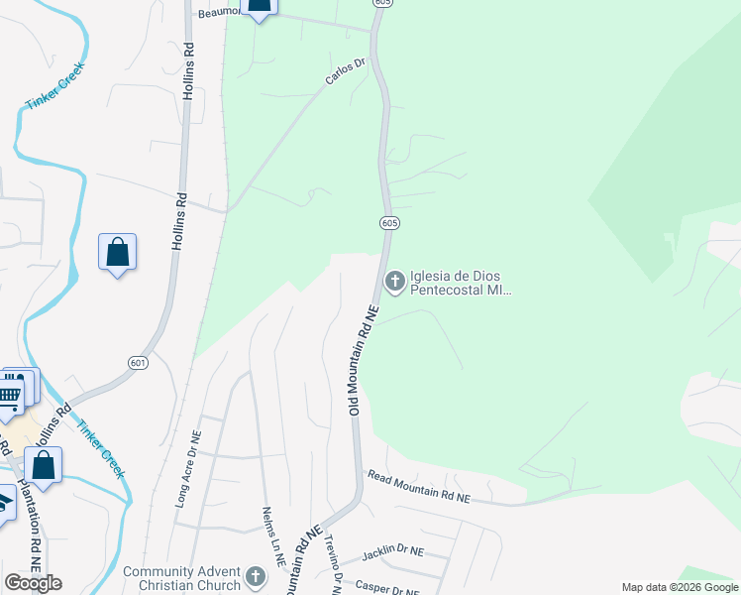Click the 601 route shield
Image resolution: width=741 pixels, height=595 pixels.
[138, 364]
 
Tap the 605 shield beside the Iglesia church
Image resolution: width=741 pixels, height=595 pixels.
[389, 223]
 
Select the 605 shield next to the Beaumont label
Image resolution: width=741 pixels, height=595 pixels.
[384, 3]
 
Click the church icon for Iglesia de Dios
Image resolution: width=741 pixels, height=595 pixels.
[394, 283]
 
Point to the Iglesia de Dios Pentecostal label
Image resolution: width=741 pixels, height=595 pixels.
[461, 283]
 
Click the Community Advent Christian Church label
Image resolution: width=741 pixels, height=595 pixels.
[181, 578]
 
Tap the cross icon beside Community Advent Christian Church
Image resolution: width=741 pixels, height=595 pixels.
[255, 577]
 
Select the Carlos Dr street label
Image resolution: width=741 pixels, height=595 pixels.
[347, 70]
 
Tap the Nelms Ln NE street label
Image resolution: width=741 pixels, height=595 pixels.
[273, 536]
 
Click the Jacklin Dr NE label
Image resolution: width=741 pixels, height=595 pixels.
[392, 550]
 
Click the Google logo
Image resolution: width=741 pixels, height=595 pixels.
[33, 583]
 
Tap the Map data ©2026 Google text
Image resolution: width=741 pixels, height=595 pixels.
[680, 587]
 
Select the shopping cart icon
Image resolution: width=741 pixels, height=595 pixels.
[9, 397]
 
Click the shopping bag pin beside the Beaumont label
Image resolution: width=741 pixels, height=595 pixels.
[260, 6]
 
